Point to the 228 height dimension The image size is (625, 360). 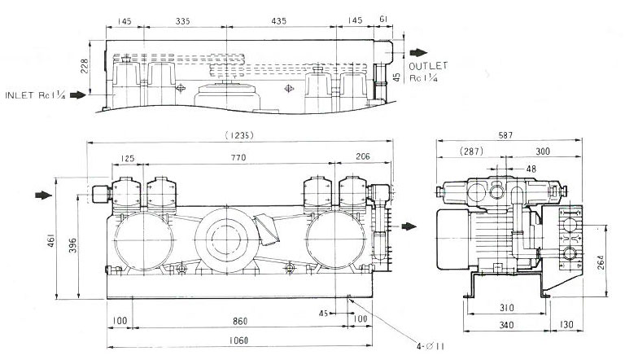point(95,68)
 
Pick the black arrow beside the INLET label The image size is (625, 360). point(77,95)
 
